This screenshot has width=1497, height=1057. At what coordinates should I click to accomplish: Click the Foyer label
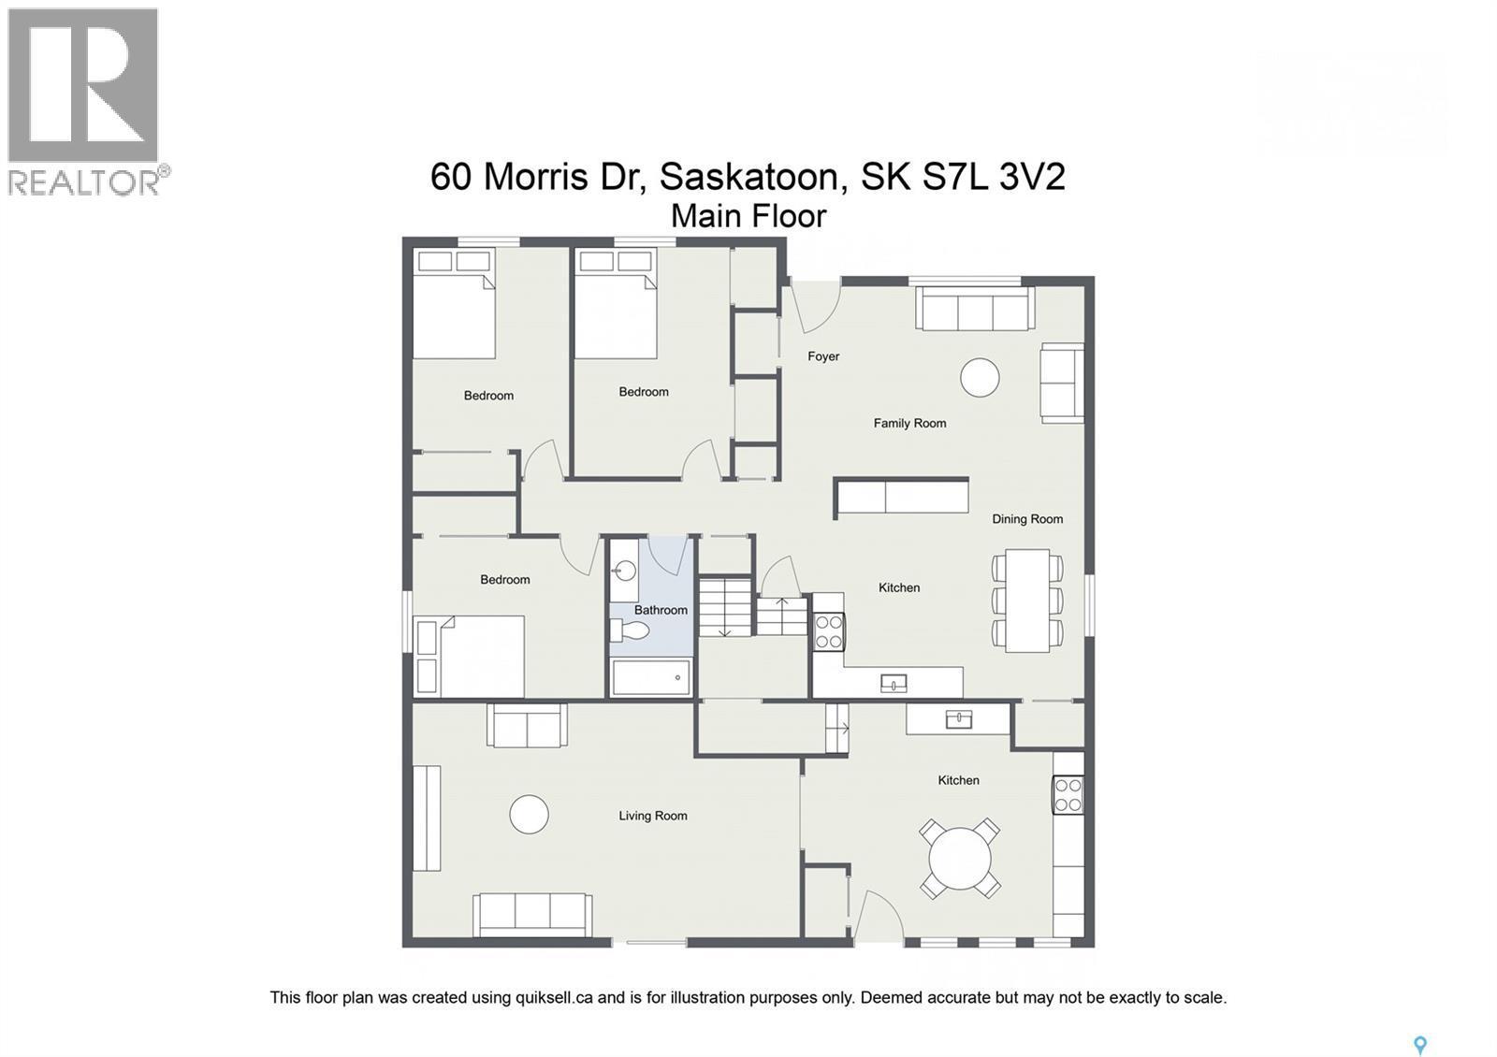(823, 356)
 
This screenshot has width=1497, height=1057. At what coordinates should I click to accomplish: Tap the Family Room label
(909, 423)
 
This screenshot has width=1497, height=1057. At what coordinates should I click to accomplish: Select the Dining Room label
(1027, 519)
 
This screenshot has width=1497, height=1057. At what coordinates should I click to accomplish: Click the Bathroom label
(661, 610)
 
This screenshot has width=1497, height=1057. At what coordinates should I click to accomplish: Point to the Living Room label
(652, 816)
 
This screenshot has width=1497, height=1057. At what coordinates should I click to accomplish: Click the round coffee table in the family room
(980, 378)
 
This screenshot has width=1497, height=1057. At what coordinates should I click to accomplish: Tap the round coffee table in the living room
(529, 814)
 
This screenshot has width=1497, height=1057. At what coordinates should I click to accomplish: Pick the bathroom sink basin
(624, 570)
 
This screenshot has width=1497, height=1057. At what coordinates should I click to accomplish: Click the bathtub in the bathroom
(651, 677)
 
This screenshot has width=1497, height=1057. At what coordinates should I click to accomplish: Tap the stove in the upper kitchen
(828, 630)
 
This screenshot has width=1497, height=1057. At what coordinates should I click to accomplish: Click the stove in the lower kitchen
(1068, 795)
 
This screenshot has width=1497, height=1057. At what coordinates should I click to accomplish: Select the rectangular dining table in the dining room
(1027, 600)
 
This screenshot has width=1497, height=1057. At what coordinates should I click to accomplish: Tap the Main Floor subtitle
(748, 216)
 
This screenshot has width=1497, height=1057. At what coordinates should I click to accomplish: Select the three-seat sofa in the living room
(531, 914)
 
